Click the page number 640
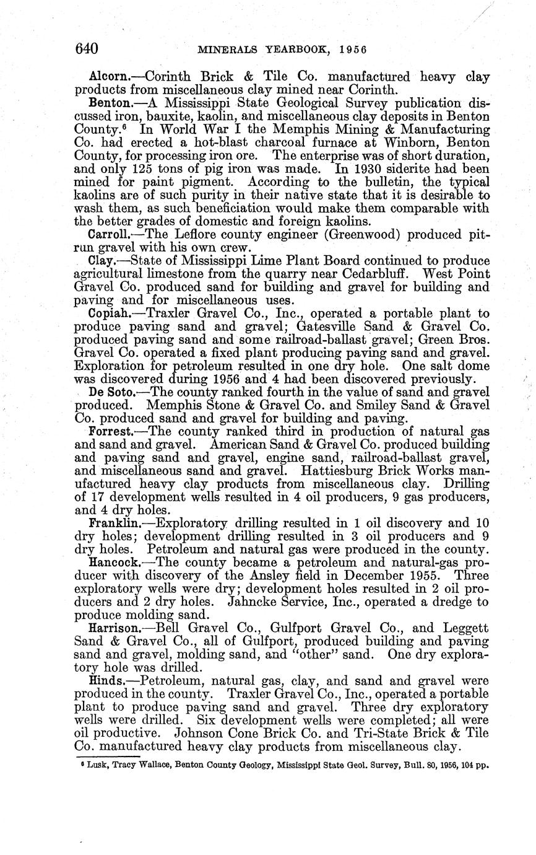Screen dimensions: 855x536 87,48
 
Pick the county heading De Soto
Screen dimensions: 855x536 110,392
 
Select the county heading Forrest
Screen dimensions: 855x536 110,431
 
